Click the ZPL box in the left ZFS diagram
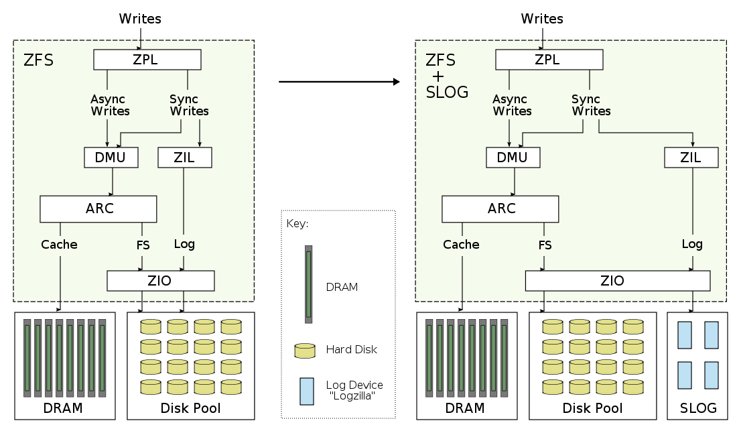click(x=147, y=59)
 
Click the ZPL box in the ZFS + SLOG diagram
click(x=549, y=59)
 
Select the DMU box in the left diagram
click(x=111, y=158)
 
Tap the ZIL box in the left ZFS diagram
click(x=185, y=158)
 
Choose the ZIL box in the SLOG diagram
click(x=691, y=158)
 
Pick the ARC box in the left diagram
click(x=98, y=208)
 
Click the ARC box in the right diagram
click(x=500, y=208)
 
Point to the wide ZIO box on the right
click(x=617, y=281)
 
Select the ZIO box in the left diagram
click(x=161, y=281)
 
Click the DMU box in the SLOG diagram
click(x=513, y=158)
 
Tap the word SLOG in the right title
click(x=447, y=93)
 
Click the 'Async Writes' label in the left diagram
click(x=109, y=105)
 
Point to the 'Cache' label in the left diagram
click(x=60, y=245)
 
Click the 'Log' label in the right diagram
click(x=692, y=244)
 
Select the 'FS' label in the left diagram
click(x=143, y=245)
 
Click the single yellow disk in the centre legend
click(x=305, y=351)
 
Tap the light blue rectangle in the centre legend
click(x=307, y=391)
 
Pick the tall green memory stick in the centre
click(x=308, y=284)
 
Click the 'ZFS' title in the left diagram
click(x=38, y=60)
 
